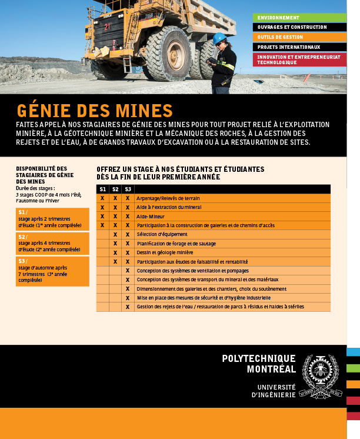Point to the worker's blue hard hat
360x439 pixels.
tap(219, 38)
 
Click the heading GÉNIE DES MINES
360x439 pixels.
tap(94, 111)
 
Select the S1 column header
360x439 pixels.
tap(102, 189)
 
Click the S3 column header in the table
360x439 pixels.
tap(128, 189)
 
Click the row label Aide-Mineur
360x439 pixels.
tap(150, 217)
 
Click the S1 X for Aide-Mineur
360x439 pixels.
tap(102, 217)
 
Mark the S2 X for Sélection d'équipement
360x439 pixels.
tap(115, 234)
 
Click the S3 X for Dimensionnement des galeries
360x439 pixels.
tap(128, 288)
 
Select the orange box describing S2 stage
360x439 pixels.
tap(52, 242)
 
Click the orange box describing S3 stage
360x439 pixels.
tap(52, 271)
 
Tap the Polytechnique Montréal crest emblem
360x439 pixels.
tap(320, 377)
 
